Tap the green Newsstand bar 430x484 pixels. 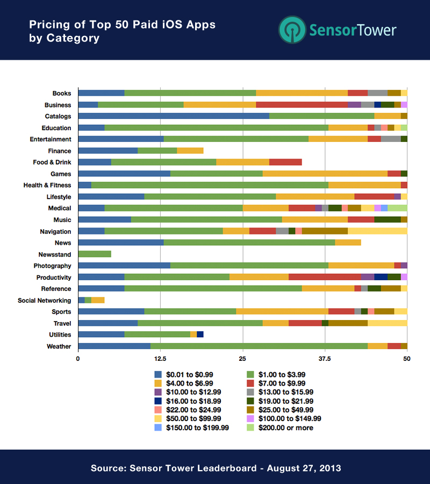pyautogui.click(x=95, y=254)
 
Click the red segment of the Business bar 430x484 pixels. pyautogui.click(x=302, y=105)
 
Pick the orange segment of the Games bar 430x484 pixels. pyautogui.click(x=325, y=174)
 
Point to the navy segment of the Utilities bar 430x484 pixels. pyautogui.click(x=200, y=334)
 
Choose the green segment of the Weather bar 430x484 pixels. pyautogui.click(x=259, y=346)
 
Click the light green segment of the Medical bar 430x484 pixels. pyautogui.click(x=397, y=208)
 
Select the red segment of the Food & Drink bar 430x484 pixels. pyautogui.click(x=285, y=162)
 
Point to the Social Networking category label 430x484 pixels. pyautogui.click(x=44, y=300)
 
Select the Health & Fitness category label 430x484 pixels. pyautogui.click(x=47, y=185)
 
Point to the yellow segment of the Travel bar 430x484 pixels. pyautogui.click(x=387, y=323)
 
